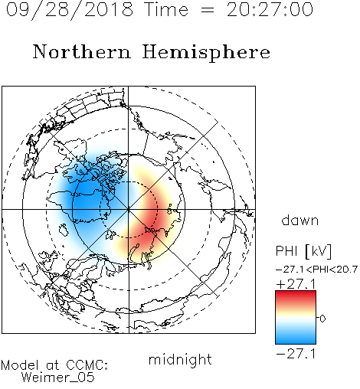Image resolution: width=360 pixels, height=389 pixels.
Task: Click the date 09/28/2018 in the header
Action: tap(70, 10)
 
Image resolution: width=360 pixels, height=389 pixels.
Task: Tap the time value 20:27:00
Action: tap(270, 9)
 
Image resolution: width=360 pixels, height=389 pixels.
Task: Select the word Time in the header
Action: tap(166, 9)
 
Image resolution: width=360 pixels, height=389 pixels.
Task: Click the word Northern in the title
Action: tap(82, 51)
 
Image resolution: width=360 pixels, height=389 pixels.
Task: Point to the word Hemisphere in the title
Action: tap(206, 52)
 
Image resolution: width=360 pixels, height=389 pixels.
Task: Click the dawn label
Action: tap(300, 220)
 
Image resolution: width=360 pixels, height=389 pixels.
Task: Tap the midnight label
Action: tap(180, 359)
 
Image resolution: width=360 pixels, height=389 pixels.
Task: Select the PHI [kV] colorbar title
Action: tap(303, 251)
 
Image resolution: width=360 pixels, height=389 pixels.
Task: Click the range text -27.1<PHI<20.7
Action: tap(316, 269)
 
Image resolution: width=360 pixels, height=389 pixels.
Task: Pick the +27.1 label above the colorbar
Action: tap(296, 284)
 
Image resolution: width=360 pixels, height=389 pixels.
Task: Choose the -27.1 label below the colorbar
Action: tap(296, 354)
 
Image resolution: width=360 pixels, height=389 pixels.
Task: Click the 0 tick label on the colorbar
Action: tap(322, 319)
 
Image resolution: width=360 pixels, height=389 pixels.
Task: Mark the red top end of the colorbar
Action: tap(296, 293)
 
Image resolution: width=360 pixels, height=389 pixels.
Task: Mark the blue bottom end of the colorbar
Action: tap(296, 342)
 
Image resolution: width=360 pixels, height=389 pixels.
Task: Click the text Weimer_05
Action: tap(58, 377)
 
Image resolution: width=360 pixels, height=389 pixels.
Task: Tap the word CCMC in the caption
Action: tap(86, 365)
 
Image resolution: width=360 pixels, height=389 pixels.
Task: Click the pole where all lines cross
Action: tap(128, 209)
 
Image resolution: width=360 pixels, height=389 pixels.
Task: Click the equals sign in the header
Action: tap(208, 10)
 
